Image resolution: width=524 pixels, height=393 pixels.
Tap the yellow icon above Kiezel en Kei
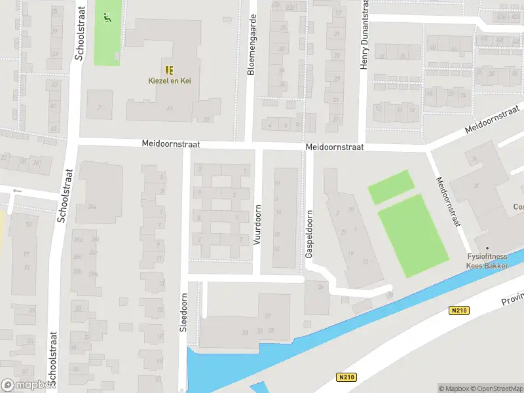click(x=169, y=70)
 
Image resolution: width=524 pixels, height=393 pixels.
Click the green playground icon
click(x=106, y=18)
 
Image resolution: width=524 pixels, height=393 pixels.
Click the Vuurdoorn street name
click(x=257, y=225)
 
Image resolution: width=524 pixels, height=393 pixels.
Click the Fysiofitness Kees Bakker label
click(x=487, y=261)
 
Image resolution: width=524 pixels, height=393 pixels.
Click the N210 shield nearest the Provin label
click(x=460, y=310)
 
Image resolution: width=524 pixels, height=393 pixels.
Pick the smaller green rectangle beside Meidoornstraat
click(x=391, y=187)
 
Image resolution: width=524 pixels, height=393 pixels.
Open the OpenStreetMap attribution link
click(x=496, y=388)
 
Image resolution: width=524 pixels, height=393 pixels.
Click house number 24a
click(x=92, y=207)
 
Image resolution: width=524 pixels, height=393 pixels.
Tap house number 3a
click(x=320, y=286)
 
